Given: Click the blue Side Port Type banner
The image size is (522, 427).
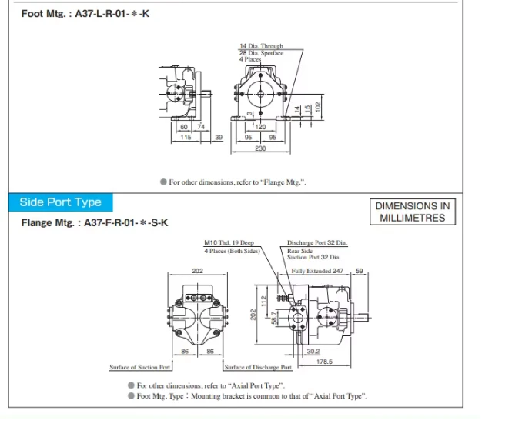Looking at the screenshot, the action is [x=60, y=202].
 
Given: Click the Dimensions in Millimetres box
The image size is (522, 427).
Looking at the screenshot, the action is [x=413, y=212].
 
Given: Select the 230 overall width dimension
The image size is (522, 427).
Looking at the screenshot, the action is [x=260, y=148].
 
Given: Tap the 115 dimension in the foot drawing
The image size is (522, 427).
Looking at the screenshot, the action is [x=186, y=137].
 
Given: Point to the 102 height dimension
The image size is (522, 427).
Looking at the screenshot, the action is [x=318, y=106].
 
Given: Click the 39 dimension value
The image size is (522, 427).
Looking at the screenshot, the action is [x=219, y=137].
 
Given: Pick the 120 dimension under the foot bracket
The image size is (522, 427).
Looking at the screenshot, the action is [x=260, y=127].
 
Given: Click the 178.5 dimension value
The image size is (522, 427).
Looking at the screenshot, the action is [x=324, y=362].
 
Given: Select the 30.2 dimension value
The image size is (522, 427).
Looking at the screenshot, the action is [x=313, y=351].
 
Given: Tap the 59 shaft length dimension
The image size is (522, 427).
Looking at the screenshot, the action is [x=360, y=271].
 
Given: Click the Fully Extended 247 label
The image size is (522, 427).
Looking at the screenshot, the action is [x=317, y=271].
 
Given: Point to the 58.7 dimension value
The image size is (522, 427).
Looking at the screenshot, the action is [x=274, y=318].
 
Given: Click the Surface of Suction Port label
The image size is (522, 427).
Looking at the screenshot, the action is [x=140, y=367].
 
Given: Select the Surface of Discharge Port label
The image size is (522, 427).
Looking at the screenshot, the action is [x=258, y=367].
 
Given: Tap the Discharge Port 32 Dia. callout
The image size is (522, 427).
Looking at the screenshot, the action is [x=317, y=242].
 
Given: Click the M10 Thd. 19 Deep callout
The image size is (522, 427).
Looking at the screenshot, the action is [x=229, y=242].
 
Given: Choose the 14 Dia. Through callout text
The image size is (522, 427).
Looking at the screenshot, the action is [x=261, y=46].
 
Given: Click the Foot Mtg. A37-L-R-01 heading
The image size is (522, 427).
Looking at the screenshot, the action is [x=85, y=14].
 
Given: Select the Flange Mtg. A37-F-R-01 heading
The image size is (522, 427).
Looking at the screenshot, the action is [x=95, y=222].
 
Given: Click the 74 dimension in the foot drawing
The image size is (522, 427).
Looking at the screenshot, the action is [x=201, y=127].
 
